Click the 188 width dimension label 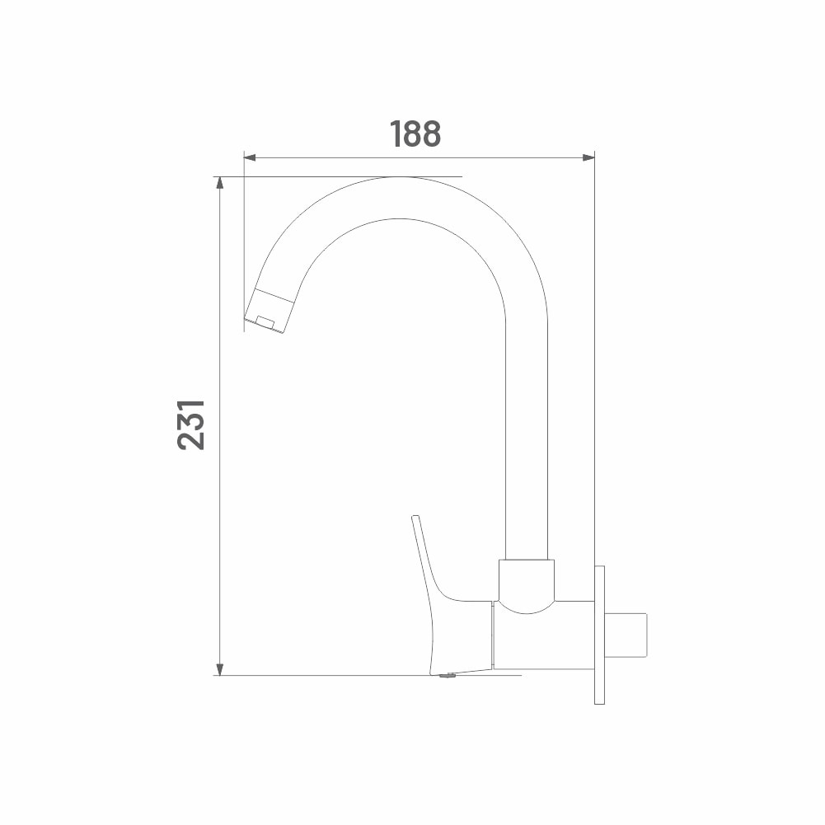[x=415, y=134]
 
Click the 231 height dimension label [x=191, y=424]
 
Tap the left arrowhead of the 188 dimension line [x=250, y=157]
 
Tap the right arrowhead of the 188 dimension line [x=588, y=157]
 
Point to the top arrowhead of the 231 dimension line [x=220, y=183]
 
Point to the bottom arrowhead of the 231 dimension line [x=220, y=669]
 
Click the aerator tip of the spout [x=269, y=312]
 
